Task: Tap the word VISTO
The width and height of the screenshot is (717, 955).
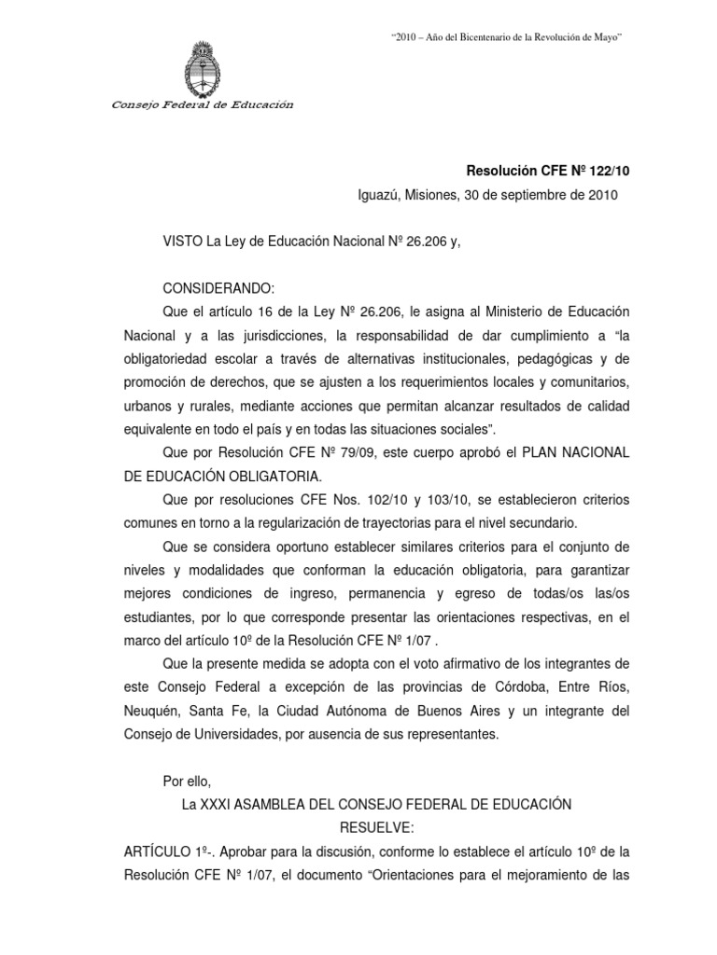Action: coord(182,242)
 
